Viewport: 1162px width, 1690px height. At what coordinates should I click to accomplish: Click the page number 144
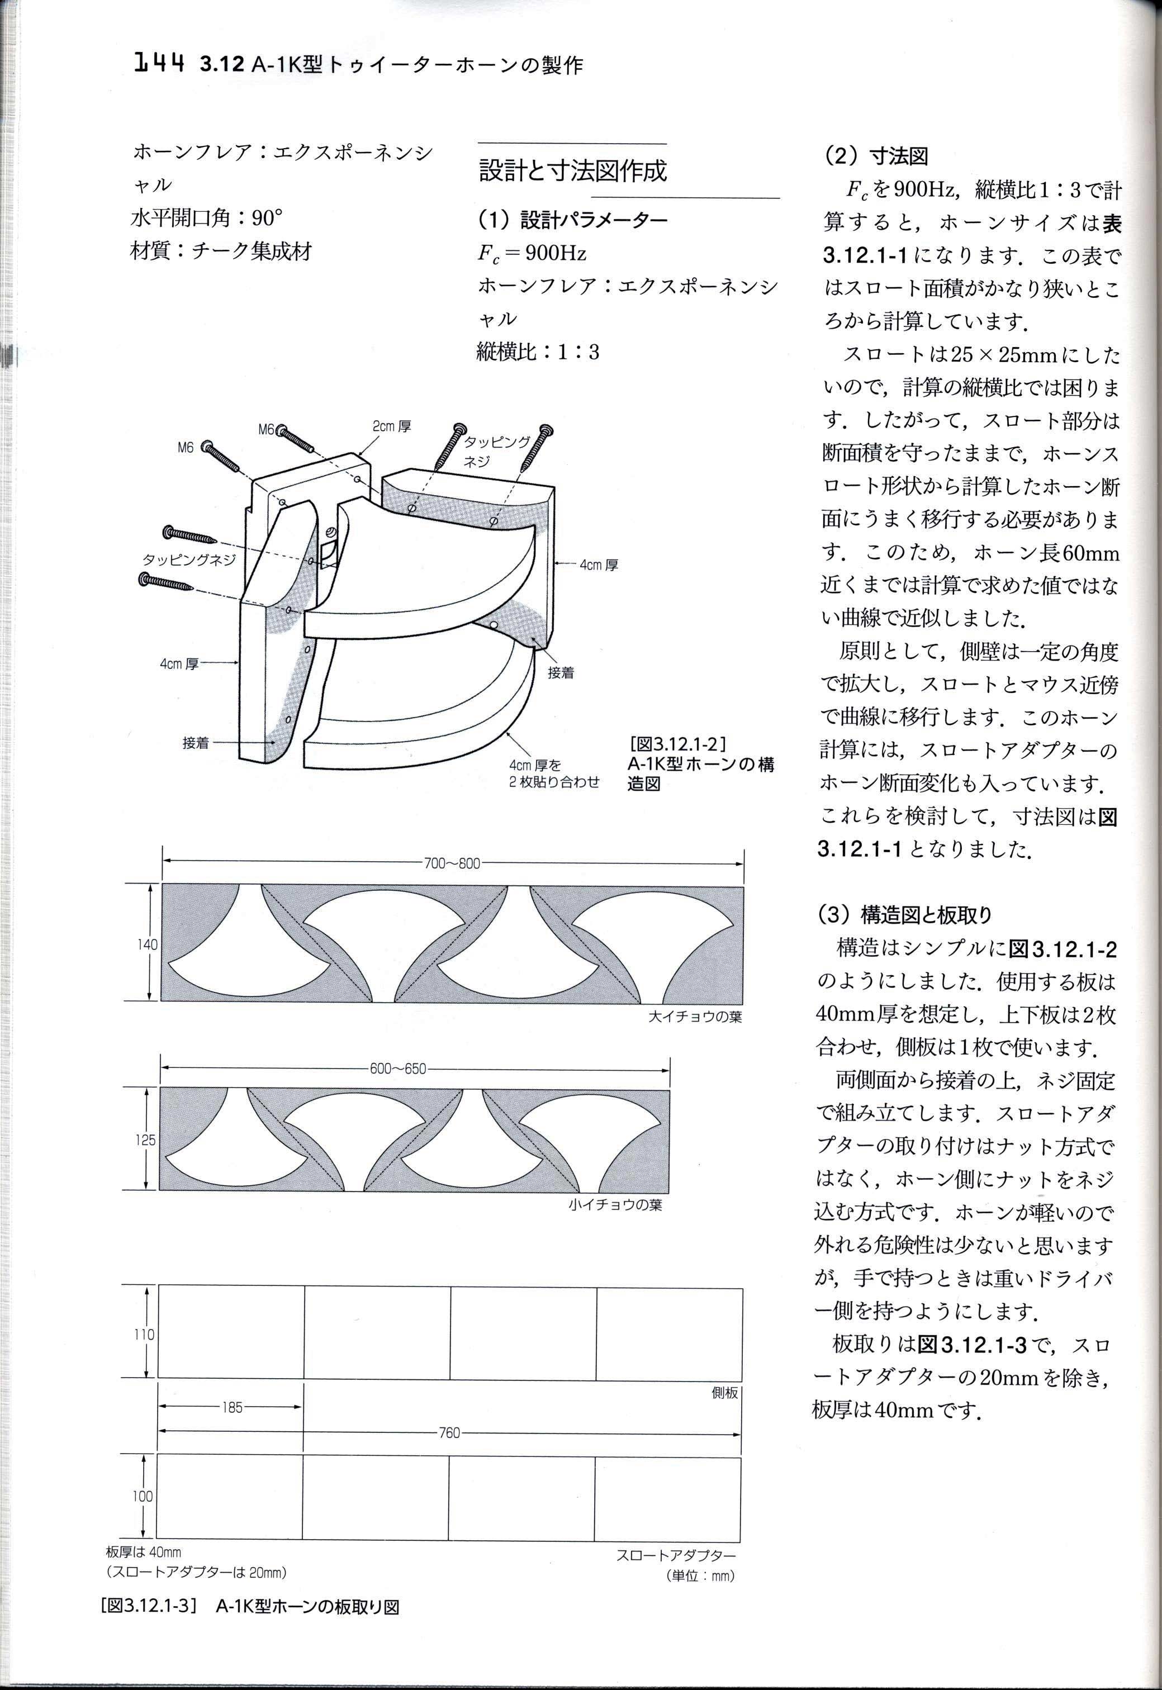coord(159,65)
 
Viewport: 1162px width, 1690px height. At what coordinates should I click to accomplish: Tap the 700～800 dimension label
coord(452,864)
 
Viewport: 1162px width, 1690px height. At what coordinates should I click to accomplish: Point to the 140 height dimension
coord(146,944)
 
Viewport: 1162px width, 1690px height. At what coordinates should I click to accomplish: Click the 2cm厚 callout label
coord(392,426)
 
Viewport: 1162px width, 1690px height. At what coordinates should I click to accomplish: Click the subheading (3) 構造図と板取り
coord(907,914)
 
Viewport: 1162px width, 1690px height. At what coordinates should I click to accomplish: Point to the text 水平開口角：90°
coord(207,217)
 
